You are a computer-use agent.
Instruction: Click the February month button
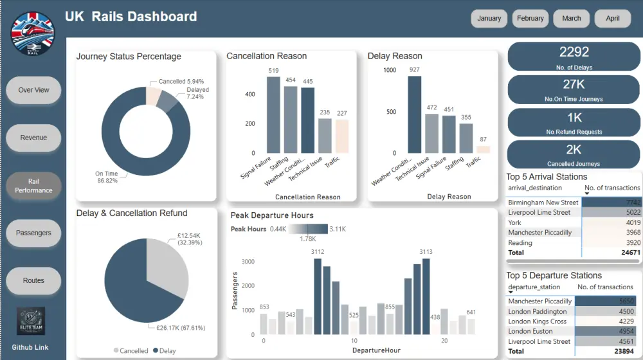point(530,19)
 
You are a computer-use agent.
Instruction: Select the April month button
point(613,19)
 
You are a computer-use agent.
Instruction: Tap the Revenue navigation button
point(33,138)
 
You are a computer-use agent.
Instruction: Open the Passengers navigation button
point(33,233)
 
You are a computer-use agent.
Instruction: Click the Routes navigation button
point(33,280)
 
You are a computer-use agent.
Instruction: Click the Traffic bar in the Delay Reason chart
point(483,149)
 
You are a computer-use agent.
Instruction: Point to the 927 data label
point(415,69)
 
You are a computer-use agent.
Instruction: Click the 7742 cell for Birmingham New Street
point(629,203)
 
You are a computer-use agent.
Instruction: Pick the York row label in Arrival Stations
point(514,222)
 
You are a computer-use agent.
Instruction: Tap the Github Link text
point(30,347)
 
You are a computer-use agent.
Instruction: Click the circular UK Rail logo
point(33,33)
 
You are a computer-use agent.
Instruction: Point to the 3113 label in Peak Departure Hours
point(426,252)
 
